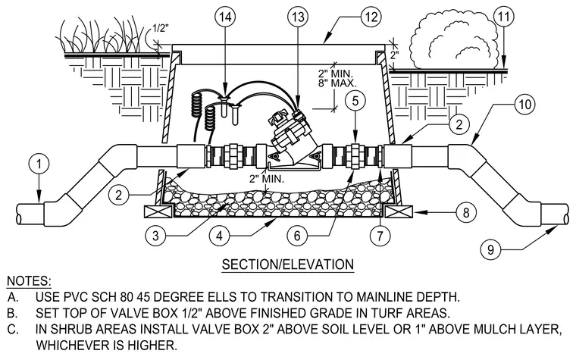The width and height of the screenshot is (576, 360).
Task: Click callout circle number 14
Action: (x=225, y=17)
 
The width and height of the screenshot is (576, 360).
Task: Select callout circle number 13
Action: (x=299, y=17)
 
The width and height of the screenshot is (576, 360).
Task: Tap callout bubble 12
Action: (x=371, y=17)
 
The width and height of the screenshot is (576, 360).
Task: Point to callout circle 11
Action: (x=504, y=17)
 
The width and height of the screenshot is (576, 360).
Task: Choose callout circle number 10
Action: (x=525, y=105)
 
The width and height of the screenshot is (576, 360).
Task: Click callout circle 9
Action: (x=491, y=250)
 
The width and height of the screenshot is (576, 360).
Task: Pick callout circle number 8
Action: (x=466, y=212)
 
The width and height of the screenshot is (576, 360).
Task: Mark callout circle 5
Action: (x=355, y=100)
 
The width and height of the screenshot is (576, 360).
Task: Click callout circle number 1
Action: (x=39, y=164)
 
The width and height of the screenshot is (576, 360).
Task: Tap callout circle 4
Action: (x=219, y=236)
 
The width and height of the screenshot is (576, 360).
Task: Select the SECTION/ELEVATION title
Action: (x=288, y=265)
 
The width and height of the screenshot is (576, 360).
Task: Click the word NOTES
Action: (x=29, y=281)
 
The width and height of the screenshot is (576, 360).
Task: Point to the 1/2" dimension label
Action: (x=161, y=28)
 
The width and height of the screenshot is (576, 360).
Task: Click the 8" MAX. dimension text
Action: (x=337, y=83)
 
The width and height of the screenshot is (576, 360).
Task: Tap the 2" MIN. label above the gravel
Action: (x=267, y=179)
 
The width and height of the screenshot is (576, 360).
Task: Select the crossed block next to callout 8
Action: (x=399, y=212)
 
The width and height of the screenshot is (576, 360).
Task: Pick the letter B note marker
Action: (x=12, y=313)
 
